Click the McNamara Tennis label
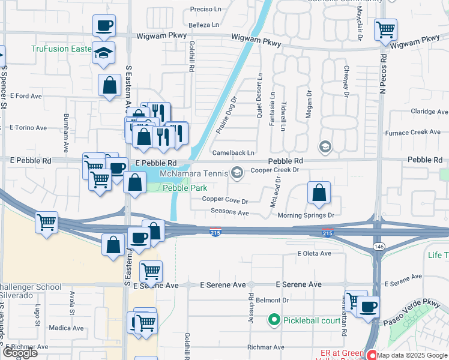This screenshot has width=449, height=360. tap(193, 173)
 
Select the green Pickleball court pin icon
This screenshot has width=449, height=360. tap(274, 319)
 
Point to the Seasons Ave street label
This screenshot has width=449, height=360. tap(229, 212)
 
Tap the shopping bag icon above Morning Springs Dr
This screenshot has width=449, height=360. tap(319, 193)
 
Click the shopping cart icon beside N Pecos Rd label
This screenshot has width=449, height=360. tap(385, 29)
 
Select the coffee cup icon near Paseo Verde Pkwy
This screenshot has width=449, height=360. tap(368, 307)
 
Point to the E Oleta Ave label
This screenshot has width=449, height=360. tap(314, 253)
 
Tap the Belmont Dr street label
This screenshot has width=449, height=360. tap(273, 300)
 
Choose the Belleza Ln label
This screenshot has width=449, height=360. tap(203, 25)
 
